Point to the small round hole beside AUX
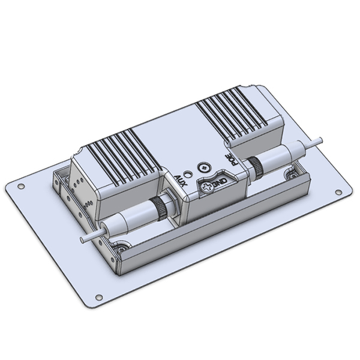point(188,176)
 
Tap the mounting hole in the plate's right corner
point(338,193)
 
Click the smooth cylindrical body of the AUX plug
point(129,218)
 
